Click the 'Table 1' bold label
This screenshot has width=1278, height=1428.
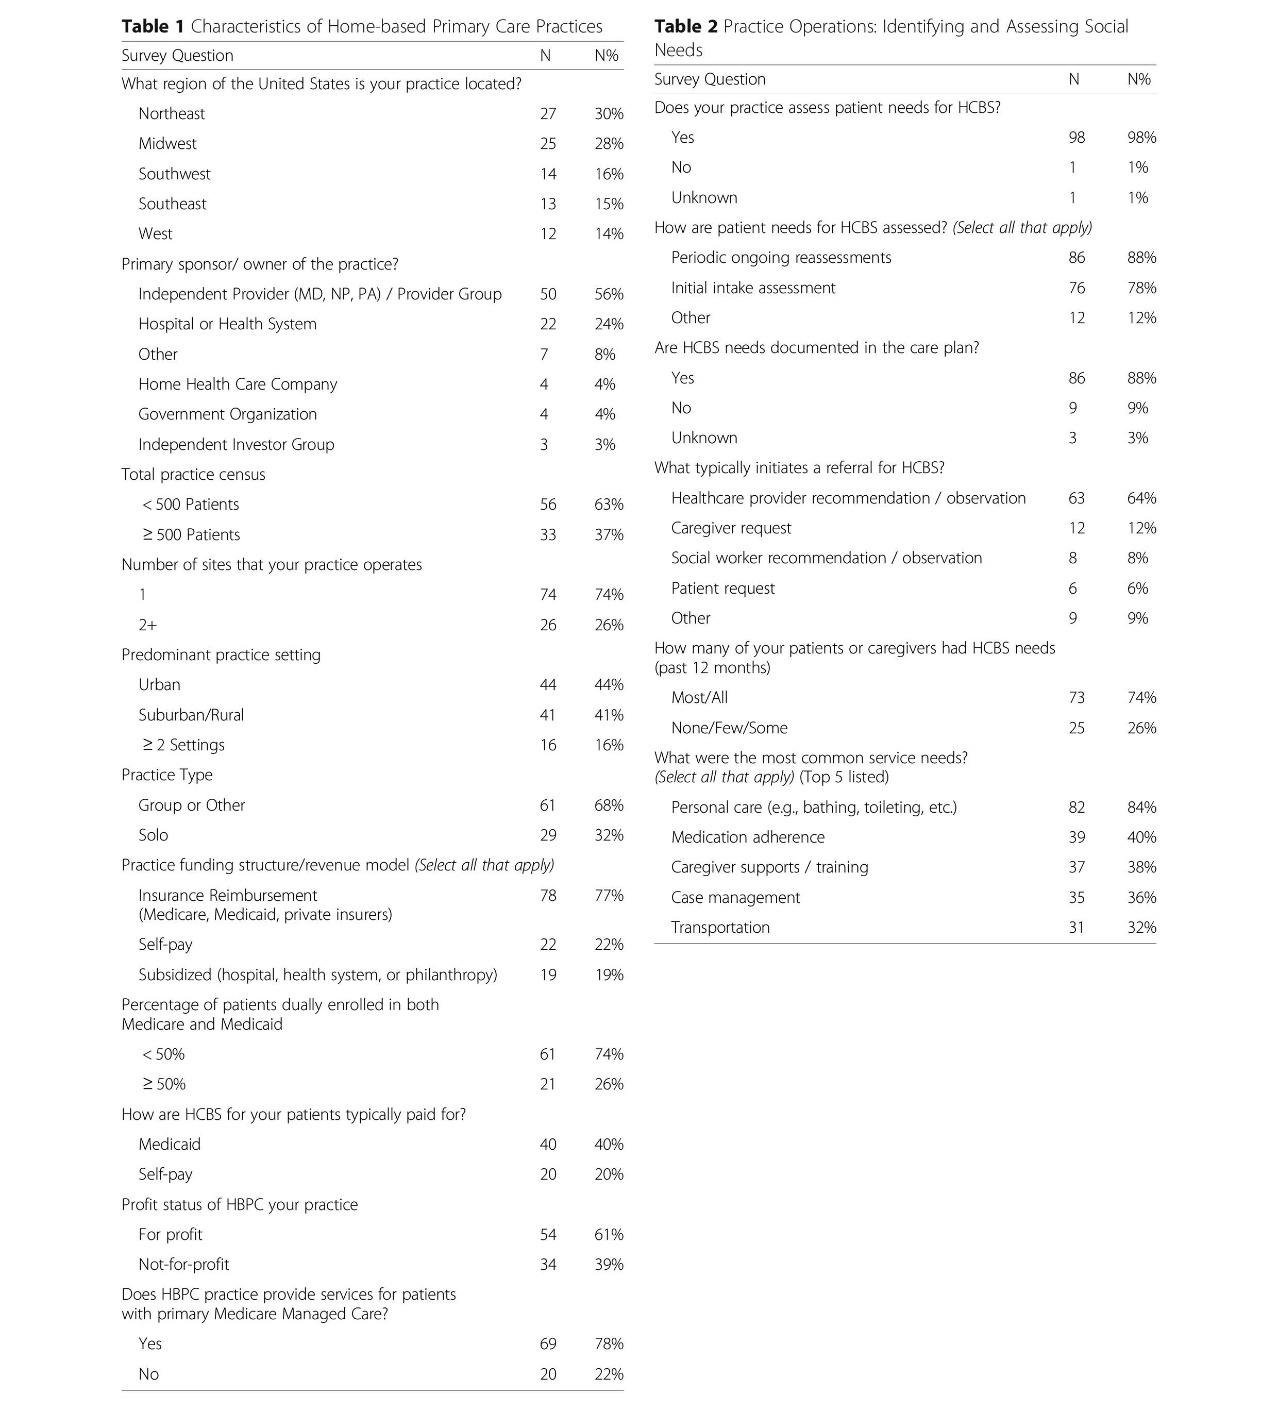point(153,27)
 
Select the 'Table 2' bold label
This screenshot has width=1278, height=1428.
point(686,27)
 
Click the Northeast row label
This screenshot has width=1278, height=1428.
point(171,114)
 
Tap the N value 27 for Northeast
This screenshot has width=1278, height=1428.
point(548,114)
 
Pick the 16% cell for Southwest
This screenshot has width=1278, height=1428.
point(608,174)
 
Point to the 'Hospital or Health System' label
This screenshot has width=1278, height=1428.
point(227,324)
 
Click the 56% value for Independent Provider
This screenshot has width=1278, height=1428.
point(608,294)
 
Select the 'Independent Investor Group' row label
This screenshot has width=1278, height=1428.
point(236,444)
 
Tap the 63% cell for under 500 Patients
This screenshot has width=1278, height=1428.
point(608,505)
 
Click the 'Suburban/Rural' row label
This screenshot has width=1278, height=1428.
point(191,715)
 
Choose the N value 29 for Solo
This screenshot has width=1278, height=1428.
point(548,835)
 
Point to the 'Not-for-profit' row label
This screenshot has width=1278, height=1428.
point(183,1265)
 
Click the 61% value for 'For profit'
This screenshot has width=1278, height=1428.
point(608,1234)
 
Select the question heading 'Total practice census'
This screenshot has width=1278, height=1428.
point(193,475)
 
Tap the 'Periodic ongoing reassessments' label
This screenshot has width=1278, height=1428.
point(781,258)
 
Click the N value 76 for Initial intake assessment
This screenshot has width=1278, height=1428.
point(1077,288)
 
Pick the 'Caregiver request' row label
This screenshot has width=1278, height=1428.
point(731,528)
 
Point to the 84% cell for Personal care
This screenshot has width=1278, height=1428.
point(1141,808)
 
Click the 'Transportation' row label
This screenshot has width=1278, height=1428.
point(720,928)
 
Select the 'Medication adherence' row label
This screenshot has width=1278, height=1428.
point(748,837)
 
